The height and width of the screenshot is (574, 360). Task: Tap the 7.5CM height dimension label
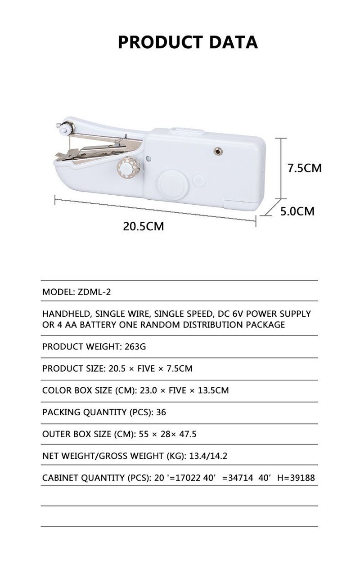[x=305, y=168]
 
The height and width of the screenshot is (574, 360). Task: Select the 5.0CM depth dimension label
[x=297, y=211]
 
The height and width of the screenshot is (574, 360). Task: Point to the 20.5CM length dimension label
[x=144, y=226]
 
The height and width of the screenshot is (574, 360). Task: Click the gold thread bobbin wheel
[x=126, y=167]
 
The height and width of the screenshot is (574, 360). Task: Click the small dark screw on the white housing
[x=219, y=151]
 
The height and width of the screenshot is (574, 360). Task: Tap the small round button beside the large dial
[x=198, y=181]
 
